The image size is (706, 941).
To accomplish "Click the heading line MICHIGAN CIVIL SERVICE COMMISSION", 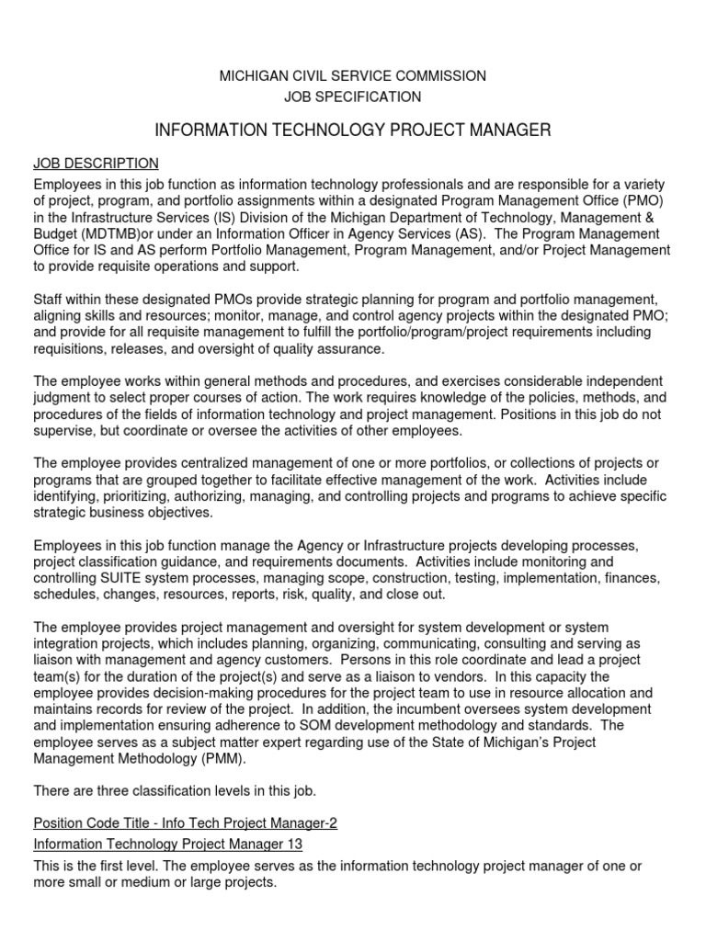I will tap(352, 75).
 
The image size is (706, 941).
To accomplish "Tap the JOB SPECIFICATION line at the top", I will tap(353, 96).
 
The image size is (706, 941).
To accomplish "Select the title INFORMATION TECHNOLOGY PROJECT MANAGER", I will tap(353, 130).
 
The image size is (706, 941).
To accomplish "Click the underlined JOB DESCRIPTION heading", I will tap(96, 164).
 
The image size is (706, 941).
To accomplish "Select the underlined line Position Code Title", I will tap(185, 823).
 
